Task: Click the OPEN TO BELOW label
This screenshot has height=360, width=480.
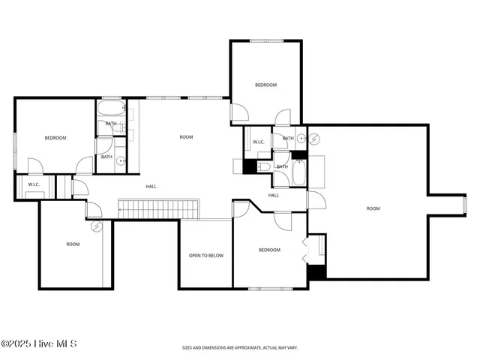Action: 205,256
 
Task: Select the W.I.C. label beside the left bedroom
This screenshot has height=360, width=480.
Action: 34,184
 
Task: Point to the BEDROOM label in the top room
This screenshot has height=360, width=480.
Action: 265,85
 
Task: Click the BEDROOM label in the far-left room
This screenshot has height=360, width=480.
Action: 55,138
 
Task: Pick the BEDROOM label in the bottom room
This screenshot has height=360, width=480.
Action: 269,250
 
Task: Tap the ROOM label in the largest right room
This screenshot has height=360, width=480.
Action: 373,208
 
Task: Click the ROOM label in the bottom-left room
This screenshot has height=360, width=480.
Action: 73,244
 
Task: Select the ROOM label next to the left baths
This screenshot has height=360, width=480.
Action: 186,137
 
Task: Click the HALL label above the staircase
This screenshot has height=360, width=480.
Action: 151,187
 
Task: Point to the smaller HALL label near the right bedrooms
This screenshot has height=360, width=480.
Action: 274,195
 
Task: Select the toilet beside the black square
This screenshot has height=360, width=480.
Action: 263,166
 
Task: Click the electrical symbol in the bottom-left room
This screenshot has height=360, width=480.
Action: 96,225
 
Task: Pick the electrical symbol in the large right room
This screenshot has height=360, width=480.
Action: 314,139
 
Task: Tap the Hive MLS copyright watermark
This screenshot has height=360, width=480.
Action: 39,344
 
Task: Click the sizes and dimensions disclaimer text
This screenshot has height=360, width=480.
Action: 239,348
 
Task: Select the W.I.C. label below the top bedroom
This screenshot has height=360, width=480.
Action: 258,142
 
